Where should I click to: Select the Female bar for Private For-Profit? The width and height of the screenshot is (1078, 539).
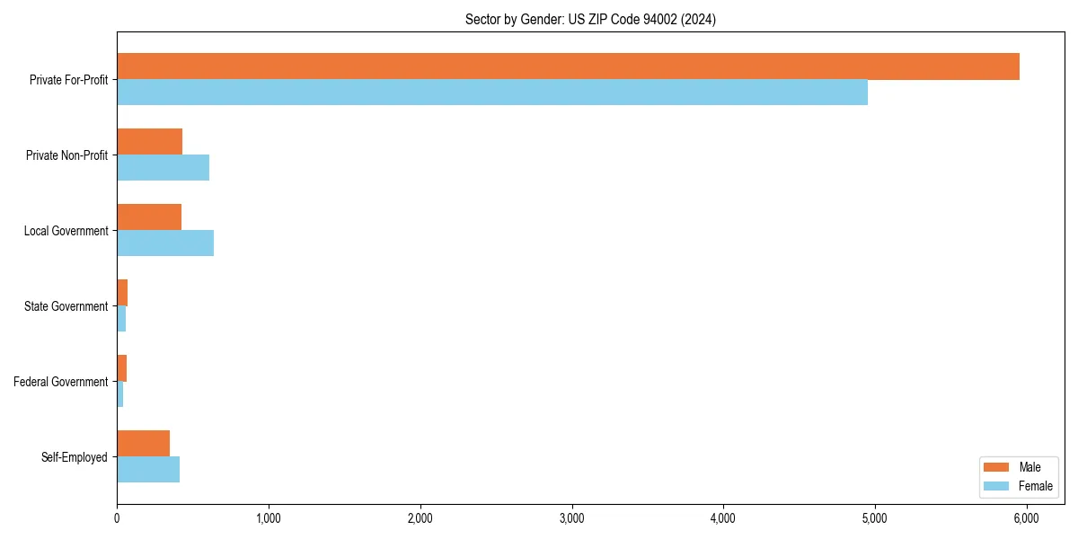(x=492, y=93)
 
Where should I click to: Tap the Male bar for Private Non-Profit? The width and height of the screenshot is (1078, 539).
(x=149, y=142)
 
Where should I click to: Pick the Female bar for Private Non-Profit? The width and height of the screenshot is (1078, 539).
(x=163, y=168)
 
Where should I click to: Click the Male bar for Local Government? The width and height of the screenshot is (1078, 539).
(x=149, y=217)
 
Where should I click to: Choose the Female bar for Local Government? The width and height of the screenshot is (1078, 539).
(x=165, y=243)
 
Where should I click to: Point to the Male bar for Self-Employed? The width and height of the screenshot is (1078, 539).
(x=143, y=444)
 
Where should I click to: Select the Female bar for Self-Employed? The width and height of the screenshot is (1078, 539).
(x=148, y=470)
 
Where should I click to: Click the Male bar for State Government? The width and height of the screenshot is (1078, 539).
(x=122, y=293)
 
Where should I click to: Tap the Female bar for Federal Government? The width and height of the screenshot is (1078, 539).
(x=120, y=394)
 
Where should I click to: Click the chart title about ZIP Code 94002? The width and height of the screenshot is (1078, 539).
(x=590, y=19)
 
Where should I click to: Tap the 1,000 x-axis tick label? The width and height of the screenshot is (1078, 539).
(x=269, y=518)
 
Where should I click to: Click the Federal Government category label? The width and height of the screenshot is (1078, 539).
(x=61, y=382)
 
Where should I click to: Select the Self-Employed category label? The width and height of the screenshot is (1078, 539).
(x=75, y=457)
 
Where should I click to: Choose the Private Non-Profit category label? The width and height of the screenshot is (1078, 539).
(x=66, y=155)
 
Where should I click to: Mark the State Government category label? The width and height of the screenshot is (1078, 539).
(x=66, y=306)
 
